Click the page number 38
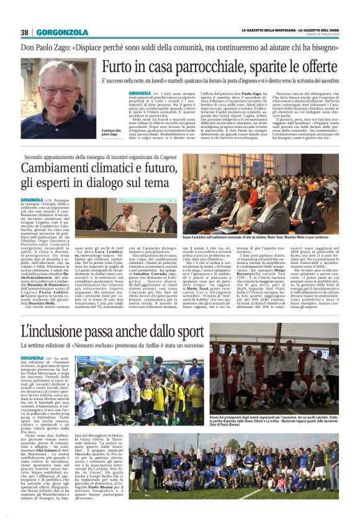pos(25,32)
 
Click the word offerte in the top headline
pos(317,68)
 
